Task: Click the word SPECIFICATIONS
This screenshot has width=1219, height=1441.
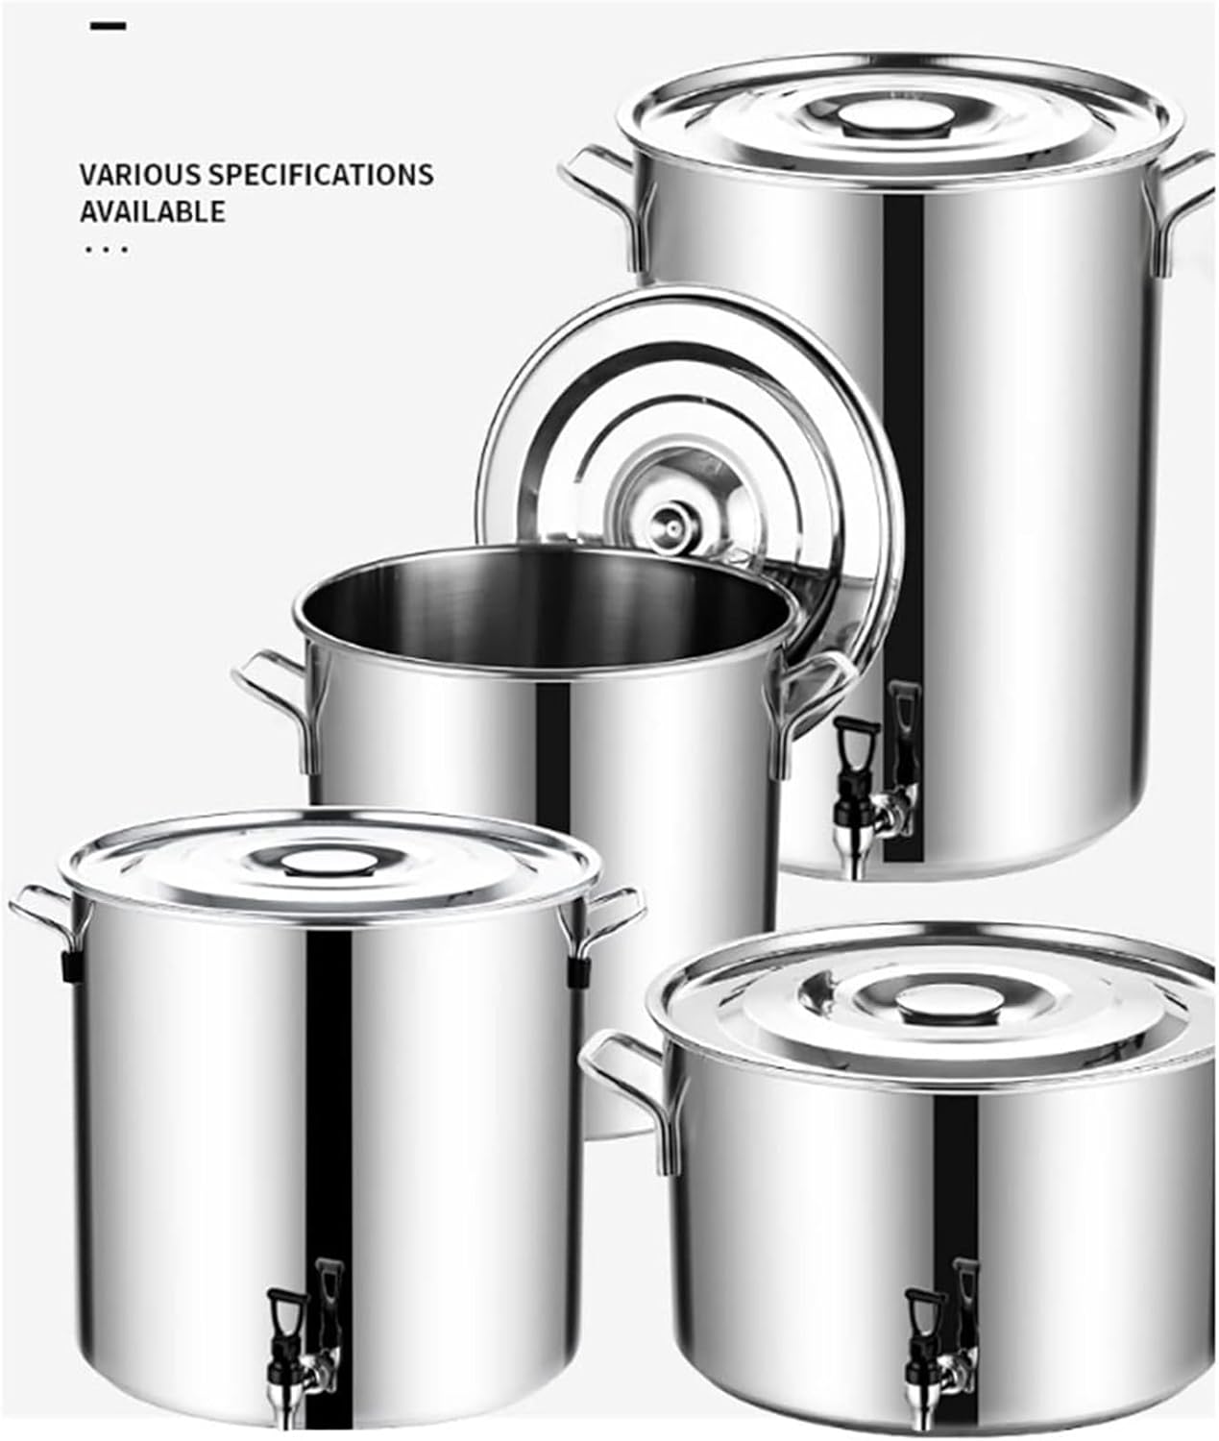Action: (x=322, y=174)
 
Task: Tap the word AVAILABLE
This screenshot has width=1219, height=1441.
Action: (x=153, y=212)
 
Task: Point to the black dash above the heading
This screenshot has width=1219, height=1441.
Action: (x=108, y=27)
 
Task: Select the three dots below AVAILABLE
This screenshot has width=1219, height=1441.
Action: (x=106, y=249)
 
